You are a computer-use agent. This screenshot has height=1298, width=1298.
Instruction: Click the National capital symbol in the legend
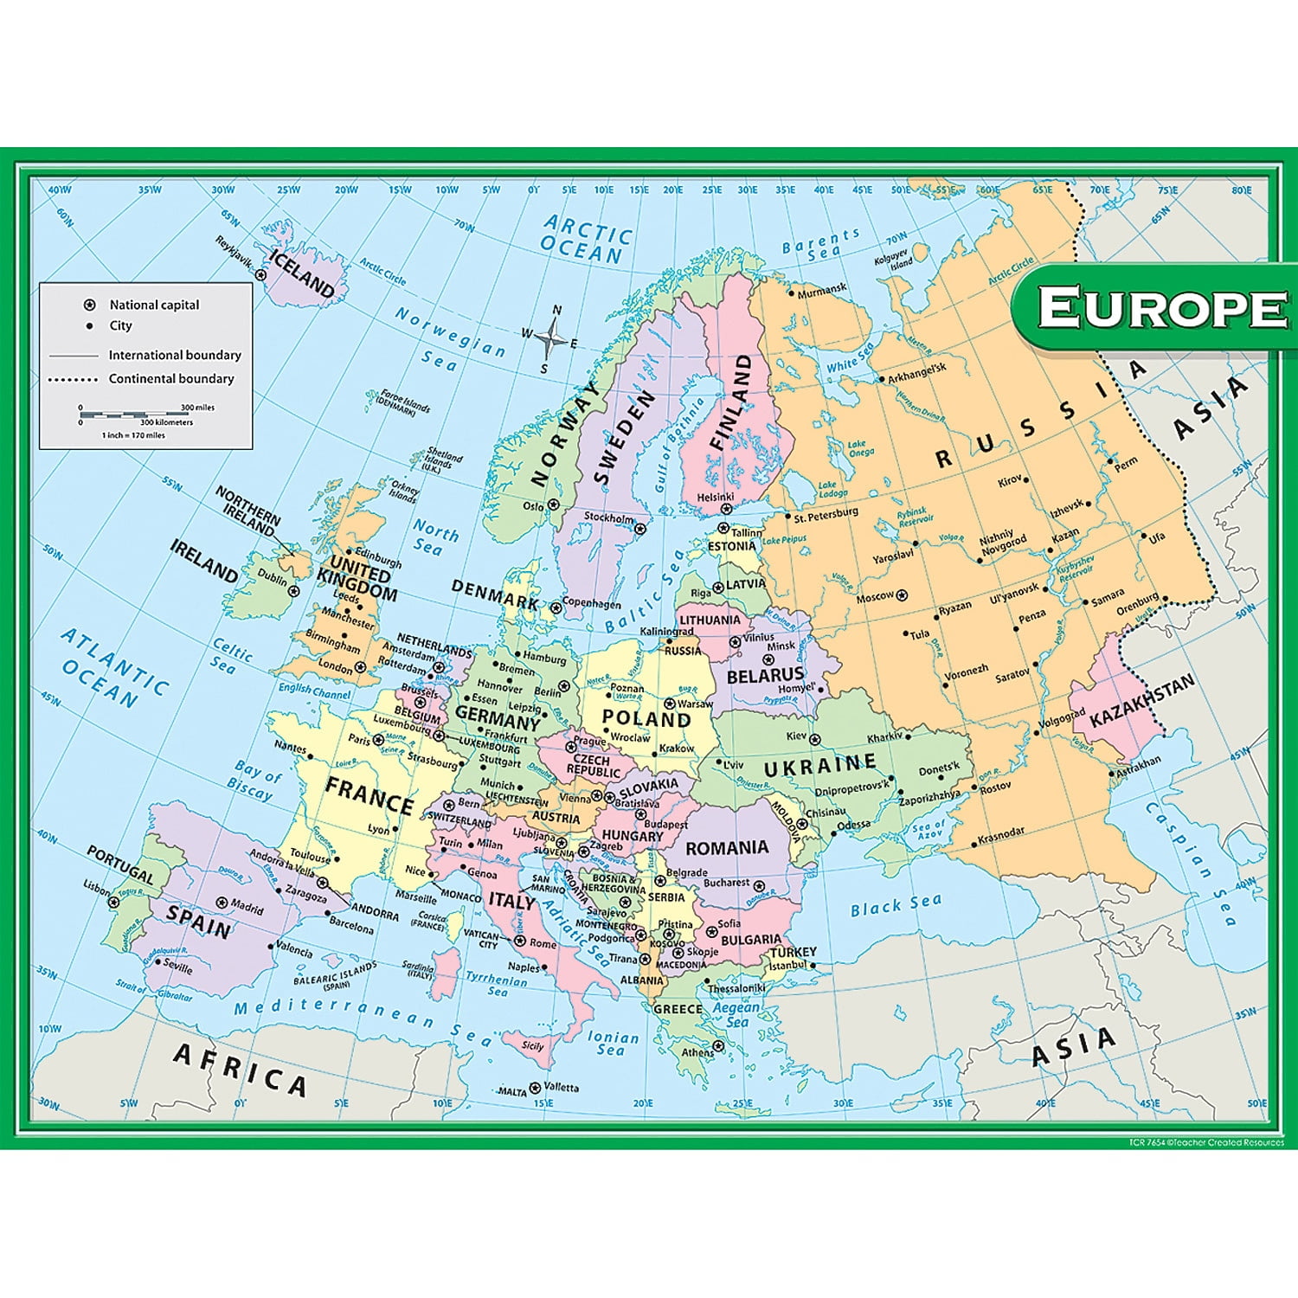point(88,305)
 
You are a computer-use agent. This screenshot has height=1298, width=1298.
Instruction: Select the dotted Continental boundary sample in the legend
point(74,379)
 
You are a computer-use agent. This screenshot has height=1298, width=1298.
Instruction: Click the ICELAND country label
point(301,273)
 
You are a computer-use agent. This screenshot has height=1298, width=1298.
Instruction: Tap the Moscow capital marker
point(902,595)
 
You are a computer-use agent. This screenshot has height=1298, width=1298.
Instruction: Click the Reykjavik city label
point(234,252)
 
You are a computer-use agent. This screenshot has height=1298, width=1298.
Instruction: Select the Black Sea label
point(895,905)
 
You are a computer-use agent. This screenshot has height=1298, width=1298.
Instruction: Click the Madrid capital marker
point(222,902)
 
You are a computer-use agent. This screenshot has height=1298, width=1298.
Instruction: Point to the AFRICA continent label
point(240,1070)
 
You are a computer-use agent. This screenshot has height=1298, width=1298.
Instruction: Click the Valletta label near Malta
point(562,1087)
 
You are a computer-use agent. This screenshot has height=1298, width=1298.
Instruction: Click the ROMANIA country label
point(727,848)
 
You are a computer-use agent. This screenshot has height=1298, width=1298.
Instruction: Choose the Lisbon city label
point(97,888)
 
